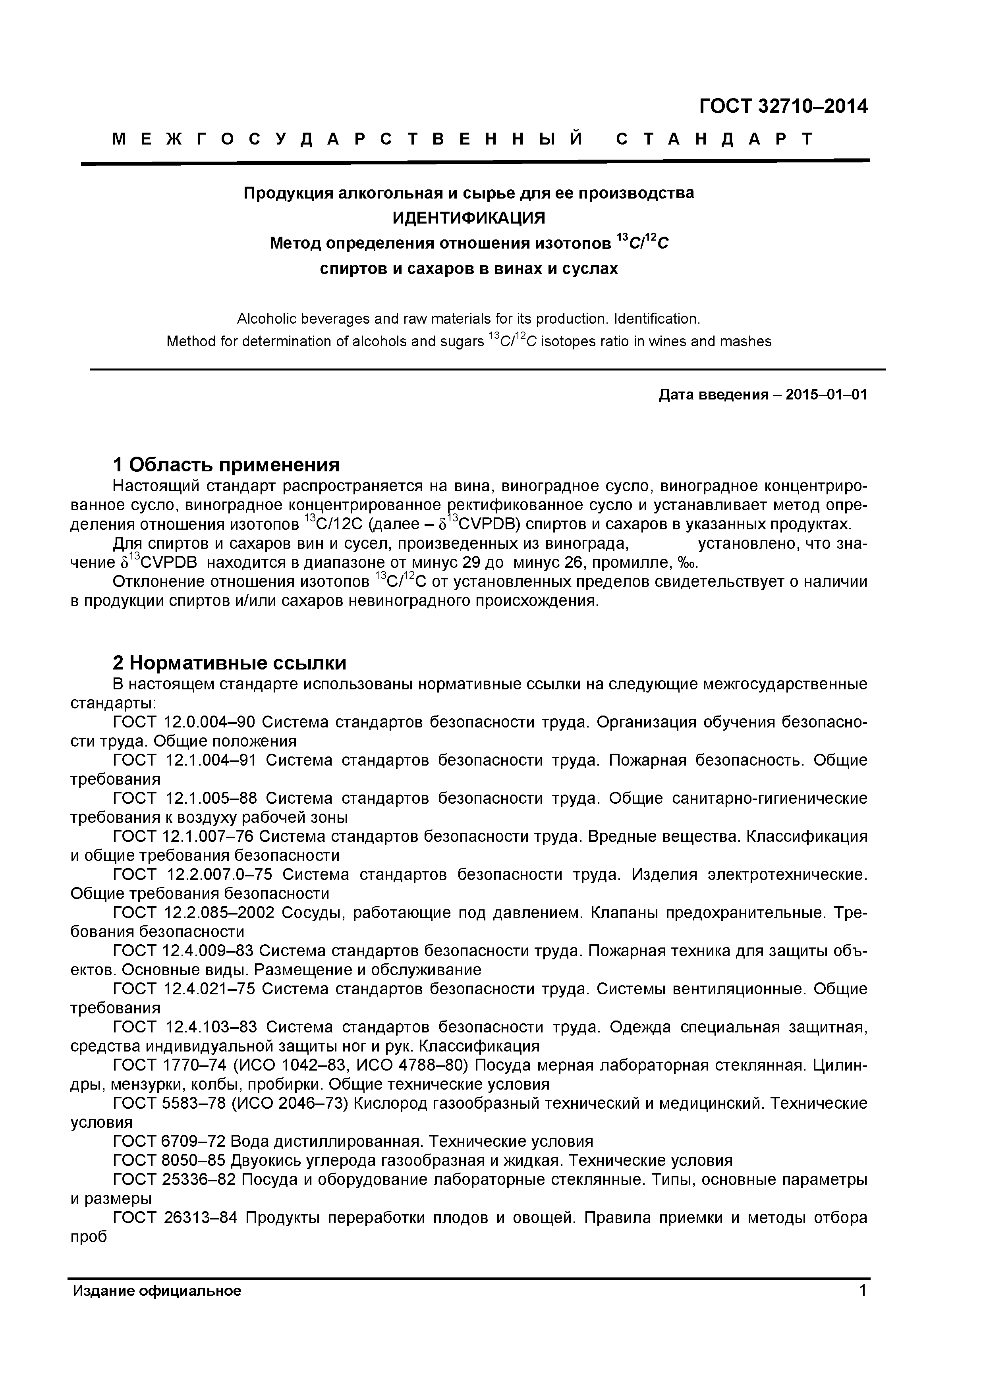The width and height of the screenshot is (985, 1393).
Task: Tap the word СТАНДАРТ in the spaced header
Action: [x=714, y=139]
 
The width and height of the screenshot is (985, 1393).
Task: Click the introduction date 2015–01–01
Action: [x=826, y=395]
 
